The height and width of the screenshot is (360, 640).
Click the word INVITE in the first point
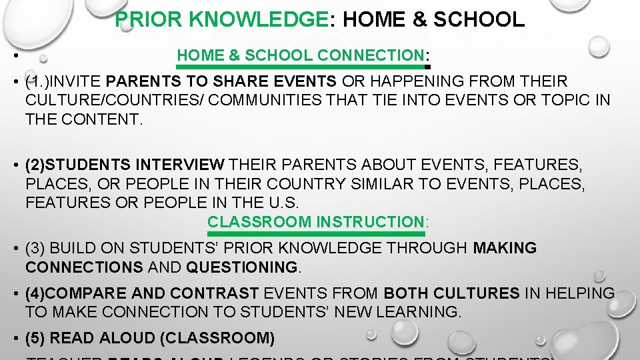click(x=77, y=82)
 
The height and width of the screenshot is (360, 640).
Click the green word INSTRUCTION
click(x=370, y=221)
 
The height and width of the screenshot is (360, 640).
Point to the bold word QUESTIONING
click(x=243, y=267)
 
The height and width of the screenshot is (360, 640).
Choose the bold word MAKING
click(x=505, y=249)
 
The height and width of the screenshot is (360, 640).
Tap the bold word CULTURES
click(x=475, y=293)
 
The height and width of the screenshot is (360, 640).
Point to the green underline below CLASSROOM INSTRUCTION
click(x=317, y=234)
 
